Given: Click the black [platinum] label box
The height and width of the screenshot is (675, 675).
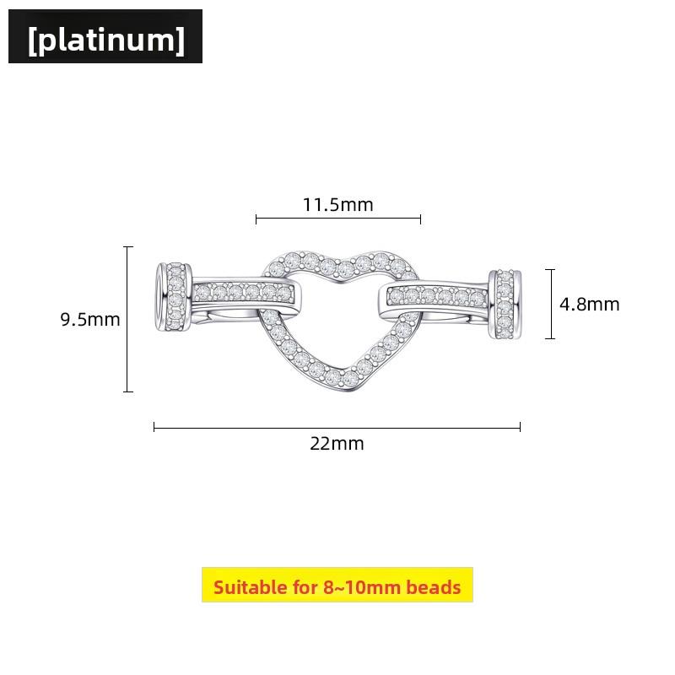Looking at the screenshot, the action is click(x=105, y=36).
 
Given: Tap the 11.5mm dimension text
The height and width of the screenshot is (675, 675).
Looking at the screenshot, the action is click(x=338, y=204).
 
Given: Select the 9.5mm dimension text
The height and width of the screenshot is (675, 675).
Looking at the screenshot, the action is click(x=90, y=320).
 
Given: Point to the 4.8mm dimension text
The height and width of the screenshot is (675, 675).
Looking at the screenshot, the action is click(x=589, y=305).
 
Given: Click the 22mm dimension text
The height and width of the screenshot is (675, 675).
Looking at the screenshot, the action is click(x=337, y=444).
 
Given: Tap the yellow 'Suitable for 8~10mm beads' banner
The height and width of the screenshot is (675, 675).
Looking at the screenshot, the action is click(x=337, y=585).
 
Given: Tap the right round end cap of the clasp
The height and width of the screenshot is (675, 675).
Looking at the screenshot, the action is click(x=505, y=304).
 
